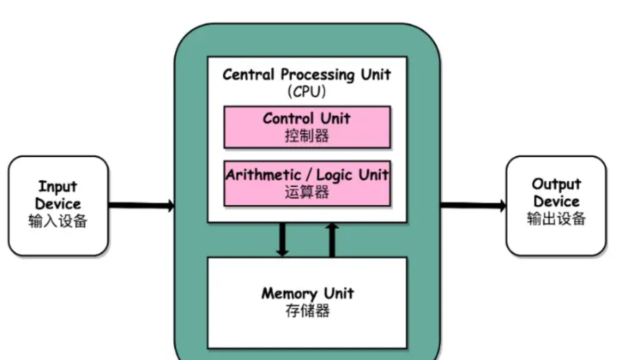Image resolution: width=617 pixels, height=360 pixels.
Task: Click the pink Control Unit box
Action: pyautogui.click(x=307, y=127)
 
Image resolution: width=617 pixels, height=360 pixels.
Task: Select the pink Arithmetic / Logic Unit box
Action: pyautogui.click(x=307, y=183)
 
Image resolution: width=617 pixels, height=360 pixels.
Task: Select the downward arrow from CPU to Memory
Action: pyautogui.click(x=283, y=240)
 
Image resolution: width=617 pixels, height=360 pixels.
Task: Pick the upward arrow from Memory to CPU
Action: pyautogui.click(x=332, y=240)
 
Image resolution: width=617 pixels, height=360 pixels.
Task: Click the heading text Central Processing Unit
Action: pyautogui.click(x=307, y=75)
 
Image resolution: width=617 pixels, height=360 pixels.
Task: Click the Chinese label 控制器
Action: pyautogui.click(x=307, y=135)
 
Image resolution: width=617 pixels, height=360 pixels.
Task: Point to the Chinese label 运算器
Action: pyautogui.click(x=307, y=192)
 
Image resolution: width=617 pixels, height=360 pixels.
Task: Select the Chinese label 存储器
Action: pyautogui.click(x=307, y=310)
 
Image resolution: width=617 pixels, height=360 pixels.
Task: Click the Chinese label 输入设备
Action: pyautogui.click(x=58, y=221)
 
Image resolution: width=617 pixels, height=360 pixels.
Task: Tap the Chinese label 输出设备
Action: pyautogui.click(x=556, y=219)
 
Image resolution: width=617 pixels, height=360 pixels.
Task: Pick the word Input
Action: pyautogui.click(x=58, y=187)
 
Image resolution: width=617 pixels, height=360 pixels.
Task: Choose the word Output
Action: pyautogui.click(x=556, y=185)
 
